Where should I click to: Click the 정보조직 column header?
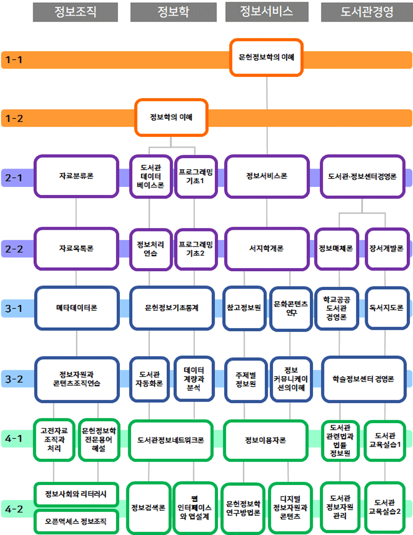75,12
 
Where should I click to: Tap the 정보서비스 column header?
267,12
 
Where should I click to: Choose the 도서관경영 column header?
366,12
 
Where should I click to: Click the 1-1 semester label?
14,60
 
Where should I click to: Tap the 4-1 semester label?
14,439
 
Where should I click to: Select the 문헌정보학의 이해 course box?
267,57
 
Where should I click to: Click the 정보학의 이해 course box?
171,117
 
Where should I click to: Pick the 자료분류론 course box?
76,176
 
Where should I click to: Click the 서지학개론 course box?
267,249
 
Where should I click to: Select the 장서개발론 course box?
386,249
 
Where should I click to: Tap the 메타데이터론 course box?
77,308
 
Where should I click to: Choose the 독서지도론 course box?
386,308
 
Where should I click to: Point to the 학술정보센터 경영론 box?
363,379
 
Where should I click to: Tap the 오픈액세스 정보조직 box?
76,521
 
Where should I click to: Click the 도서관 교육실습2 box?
385,507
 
